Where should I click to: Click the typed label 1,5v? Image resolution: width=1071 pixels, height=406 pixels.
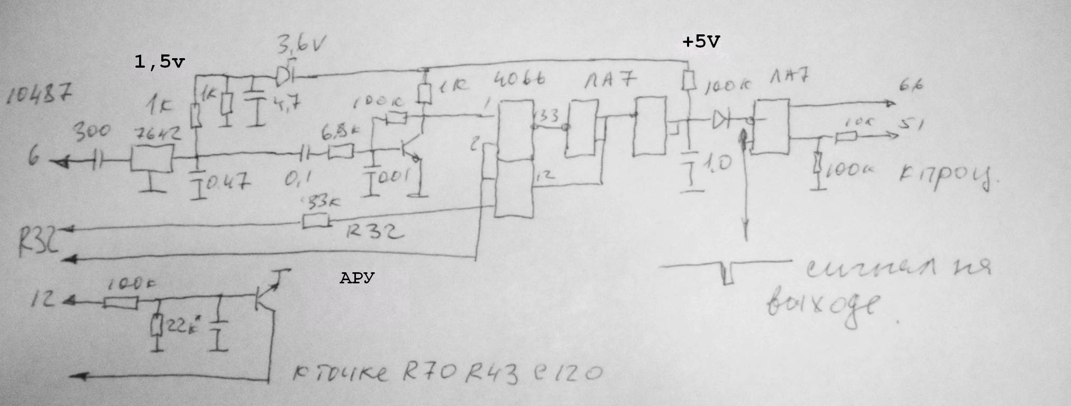(160, 62)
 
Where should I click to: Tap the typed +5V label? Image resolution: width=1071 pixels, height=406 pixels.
(701, 42)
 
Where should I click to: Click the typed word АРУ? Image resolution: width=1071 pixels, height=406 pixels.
(357, 278)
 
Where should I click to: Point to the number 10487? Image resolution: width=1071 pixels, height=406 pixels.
(40, 97)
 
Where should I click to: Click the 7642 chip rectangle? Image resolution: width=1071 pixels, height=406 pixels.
(151, 157)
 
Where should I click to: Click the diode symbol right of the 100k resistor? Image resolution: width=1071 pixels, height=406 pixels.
(720, 121)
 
